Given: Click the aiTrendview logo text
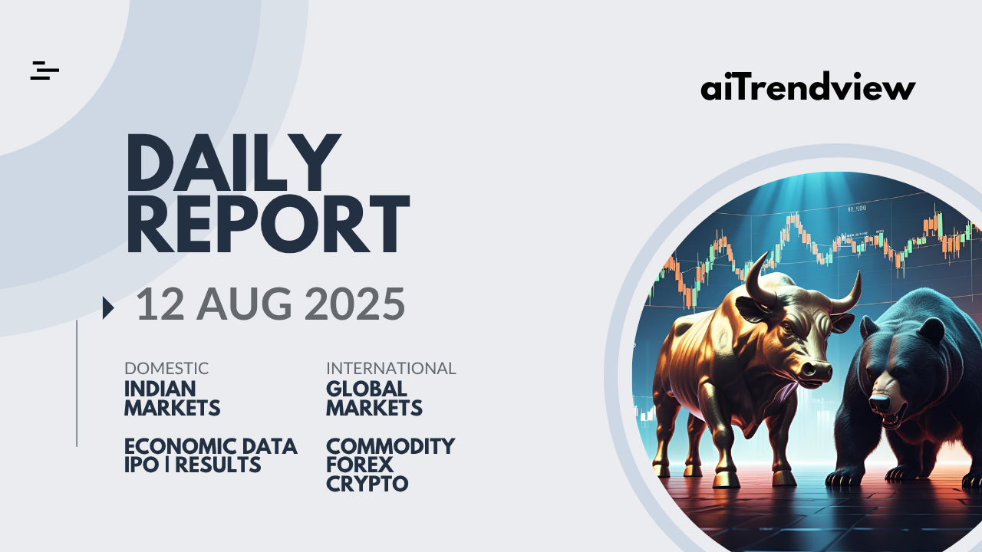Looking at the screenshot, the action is coord(808,86).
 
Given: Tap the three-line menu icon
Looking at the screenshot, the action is coord(44,71).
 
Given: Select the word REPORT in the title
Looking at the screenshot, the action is coord(268,224).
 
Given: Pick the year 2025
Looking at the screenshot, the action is coord(354,304).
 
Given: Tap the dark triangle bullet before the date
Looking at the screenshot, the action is coord(108,307).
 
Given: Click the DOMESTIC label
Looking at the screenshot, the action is coord(166,369).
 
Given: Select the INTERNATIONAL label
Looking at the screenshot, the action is coord(391,369).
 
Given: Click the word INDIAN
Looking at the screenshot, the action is coord(160,389).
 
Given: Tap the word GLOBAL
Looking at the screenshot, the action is coord(367,389).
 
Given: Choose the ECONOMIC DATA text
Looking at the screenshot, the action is coord(211,446).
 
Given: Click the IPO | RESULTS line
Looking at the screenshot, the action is coord(193,465).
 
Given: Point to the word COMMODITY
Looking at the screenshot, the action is coord(390,446).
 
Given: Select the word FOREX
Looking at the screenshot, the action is coord(360,465).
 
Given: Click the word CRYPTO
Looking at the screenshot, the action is coord(367,484).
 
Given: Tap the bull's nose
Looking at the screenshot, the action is coord(816,370).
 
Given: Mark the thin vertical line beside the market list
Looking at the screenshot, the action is coord(77,383).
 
